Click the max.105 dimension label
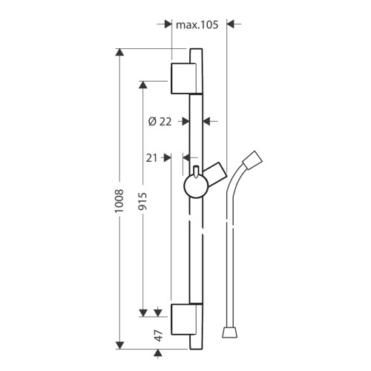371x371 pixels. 197,24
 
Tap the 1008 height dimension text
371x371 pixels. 119,200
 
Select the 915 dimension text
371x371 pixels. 142,201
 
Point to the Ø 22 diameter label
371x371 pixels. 160,122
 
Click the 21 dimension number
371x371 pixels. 151,158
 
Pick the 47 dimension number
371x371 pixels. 158,335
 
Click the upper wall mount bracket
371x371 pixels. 183,79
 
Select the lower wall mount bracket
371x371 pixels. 183,319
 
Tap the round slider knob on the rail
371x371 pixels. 197,186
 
